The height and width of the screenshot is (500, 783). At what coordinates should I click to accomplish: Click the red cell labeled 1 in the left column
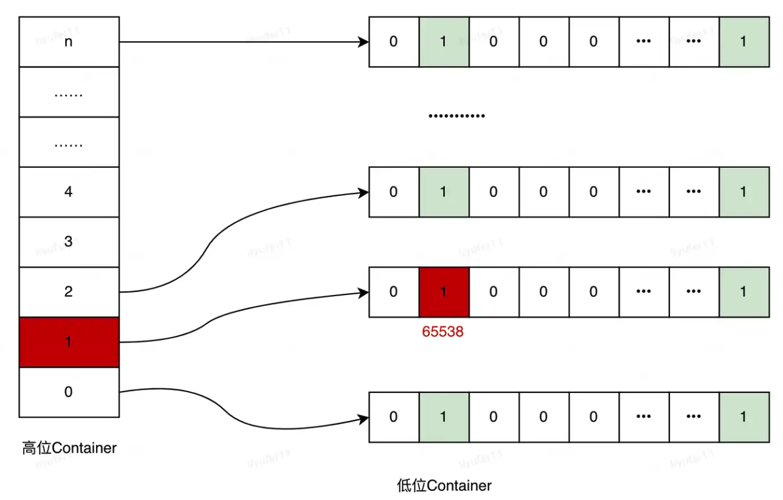pyautogui.click(x=69, y=342)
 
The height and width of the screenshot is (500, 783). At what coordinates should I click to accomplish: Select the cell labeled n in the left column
pyautogui.click(x=69, y=41)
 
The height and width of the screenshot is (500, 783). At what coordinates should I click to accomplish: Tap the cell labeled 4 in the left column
pyautogui.click(x=69, y=192)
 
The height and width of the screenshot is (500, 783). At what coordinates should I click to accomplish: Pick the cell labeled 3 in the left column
pyautogui.click(x=69, y=241)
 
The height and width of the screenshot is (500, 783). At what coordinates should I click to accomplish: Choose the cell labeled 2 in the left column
pyautogui.click(x=69, y=292)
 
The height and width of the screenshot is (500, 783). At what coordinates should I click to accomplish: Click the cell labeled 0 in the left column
pyautogui.click(x=69, y=392)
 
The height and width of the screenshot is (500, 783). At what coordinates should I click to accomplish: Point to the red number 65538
pyautogui.click(x=443, y=332)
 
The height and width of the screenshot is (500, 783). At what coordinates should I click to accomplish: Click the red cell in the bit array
pyautogui.click(x=443, y=292)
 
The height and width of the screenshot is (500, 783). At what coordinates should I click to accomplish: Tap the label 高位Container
pyautogui.click(x=69, y=449)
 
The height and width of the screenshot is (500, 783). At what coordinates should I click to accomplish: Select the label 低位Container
pyautogui.click(x=444, y=485)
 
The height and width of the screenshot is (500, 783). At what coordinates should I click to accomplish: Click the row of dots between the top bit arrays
pyautogui.click(x=457, y=116)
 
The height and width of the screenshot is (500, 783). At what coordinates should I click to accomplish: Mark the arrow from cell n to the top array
pyautogui.click(x=243, y=42)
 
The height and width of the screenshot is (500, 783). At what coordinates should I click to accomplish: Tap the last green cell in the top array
pyautogui.click(x=743, y=41)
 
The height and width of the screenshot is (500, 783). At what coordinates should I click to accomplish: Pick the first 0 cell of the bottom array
pyautogui.click(x=393, y=417)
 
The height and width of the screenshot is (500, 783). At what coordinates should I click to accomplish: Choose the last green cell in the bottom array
pyautogui.click(x=743, y=417)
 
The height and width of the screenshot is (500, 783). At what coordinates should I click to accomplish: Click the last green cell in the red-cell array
pyautogui.click(x=743, y=292)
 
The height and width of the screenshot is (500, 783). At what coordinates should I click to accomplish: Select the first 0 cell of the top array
pyautogui.click(x=393, y=41)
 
